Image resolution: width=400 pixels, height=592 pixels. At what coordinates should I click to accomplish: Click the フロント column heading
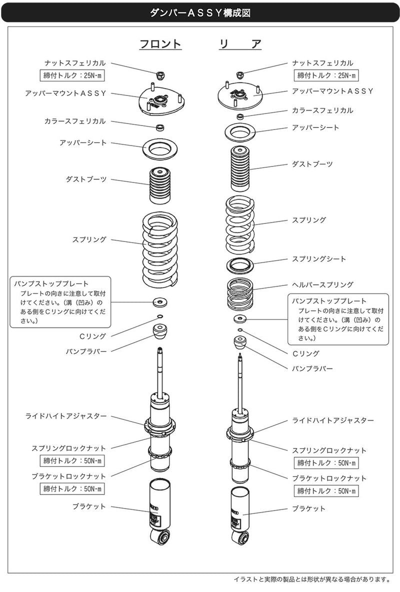click(160, 44)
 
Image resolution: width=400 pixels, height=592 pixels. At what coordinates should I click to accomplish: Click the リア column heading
click(240, 44)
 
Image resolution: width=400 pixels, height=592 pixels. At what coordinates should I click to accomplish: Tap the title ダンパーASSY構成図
click(200, 13)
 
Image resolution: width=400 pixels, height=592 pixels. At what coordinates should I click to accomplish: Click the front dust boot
click(160, 185)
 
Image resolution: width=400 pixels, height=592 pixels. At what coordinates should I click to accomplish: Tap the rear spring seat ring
click(240, 265)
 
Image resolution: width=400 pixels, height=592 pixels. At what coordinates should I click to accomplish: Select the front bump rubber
click(160, 331)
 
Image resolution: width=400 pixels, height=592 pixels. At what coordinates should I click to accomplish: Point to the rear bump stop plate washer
click(239, 319)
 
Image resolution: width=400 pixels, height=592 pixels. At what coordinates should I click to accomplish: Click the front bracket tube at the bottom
click(159, 512)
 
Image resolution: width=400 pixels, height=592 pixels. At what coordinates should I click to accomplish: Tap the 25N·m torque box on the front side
click(72, 75)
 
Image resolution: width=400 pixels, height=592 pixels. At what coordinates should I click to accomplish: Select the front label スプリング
click(89, 239)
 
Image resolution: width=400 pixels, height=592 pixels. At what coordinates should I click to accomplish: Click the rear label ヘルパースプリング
click(322, 284)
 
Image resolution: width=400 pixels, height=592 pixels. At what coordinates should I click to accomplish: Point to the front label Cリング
click(93, 336)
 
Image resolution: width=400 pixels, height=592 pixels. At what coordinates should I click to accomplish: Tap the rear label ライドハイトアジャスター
click(333, 420)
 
